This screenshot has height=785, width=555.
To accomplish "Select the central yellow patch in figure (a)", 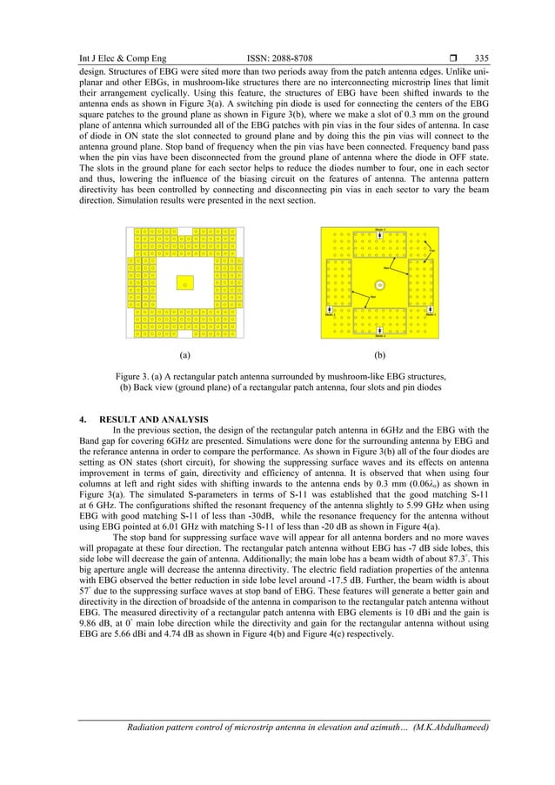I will click(x=184, y=282).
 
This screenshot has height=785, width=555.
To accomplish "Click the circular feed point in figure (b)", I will click(x=379, y=285).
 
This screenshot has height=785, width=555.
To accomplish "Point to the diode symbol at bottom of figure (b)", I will click(x=379, y=332).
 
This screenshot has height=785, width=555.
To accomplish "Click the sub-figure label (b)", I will click(x=379, y=356).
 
